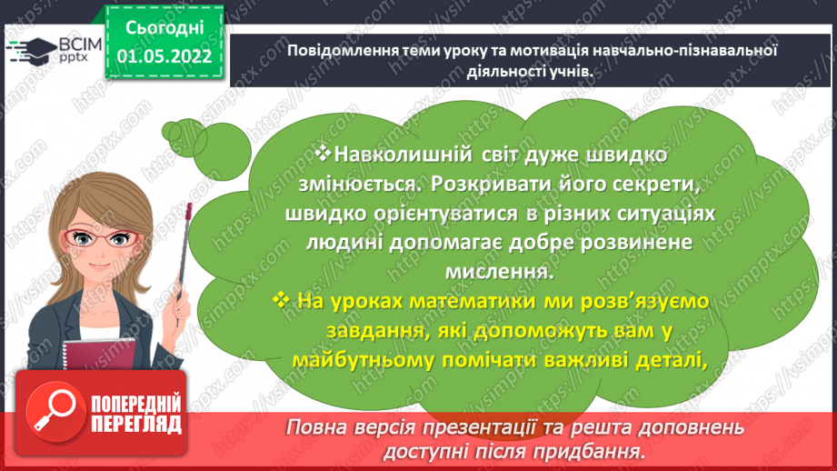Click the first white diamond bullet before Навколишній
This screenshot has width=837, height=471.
[319, 155]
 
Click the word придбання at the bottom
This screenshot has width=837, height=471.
[594, 452]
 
